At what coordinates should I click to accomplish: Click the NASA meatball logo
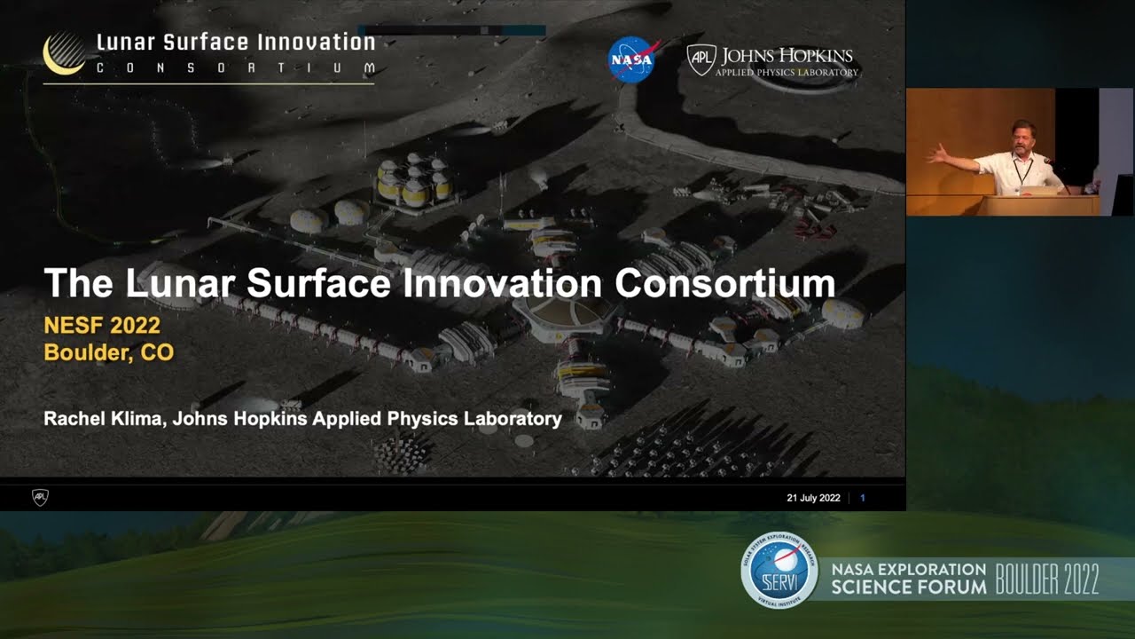(x=631, y=59)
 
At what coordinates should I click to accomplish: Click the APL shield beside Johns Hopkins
(x=701, y=59)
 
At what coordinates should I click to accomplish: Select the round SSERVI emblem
(x=779, y=570)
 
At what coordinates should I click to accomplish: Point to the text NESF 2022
(x=102, y=326)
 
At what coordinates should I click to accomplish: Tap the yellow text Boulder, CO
(x=108, y=352)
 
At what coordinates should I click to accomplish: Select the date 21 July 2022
(x=813, y=498)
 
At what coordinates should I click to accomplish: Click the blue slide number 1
(x=863, y=498)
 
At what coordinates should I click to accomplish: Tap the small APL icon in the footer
(x=40, y=497)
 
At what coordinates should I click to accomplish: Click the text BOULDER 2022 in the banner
(x=1047, y=579)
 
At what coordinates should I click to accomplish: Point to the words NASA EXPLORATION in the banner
(x=908, y=569)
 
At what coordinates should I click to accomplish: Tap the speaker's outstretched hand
(x=935, y=155)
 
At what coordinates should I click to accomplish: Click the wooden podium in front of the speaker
(x=1037, y=205)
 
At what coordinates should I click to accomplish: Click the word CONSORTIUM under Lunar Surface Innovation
(x=235, y=68)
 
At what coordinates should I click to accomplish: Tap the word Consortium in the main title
(x=724, y=284)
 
